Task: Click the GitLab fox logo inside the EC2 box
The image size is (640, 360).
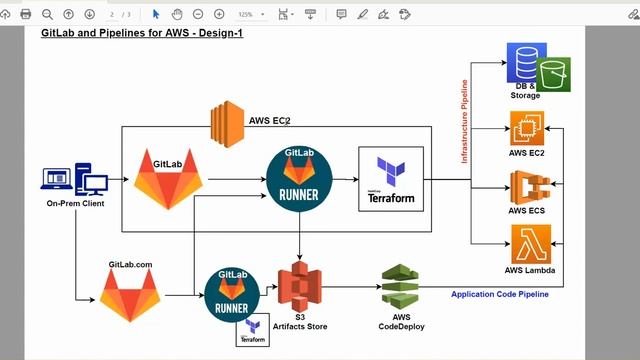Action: coord(168,178)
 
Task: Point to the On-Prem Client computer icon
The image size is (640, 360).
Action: coord(75,181)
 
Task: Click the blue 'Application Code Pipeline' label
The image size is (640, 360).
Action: coord(499,294)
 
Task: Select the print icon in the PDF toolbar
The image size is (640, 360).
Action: coord(25,14)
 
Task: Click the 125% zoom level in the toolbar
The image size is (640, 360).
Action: coord(245,14)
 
